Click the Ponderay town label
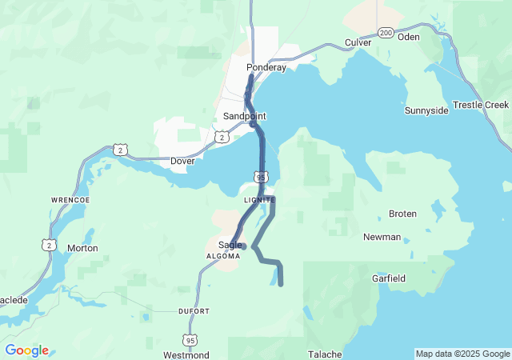pyautogui.click(x=266, y=68)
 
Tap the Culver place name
pyautogui.click(x=358, y=42)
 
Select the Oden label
pyautogui.click(x=408, y=37)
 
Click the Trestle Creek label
pyautogui.click(x=481, y=105)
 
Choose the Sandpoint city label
pyautogui.click(x=244, y=116)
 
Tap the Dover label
pyautogui.click(x=182, y=161)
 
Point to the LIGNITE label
pyautogui.click(x=260, y=199)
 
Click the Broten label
pyautogui.click(x=402, y=214)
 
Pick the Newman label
pyautogui.click(x=382, y=237)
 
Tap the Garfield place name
pyautogui.click(x=389, y=278)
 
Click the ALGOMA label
pyautogui.click(x=223, y=256)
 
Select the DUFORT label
pyautogui.click(x=194, y=310)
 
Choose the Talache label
pyautogui.click(x=326, y=354)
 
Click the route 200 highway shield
pyautogui.click(x=386, y=33)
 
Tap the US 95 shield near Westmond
pyautogui.click(x=189, y=340)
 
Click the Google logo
pyautogui.click(x=26, y=350)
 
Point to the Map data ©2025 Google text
pyautogui.click(x=462, y=354)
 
